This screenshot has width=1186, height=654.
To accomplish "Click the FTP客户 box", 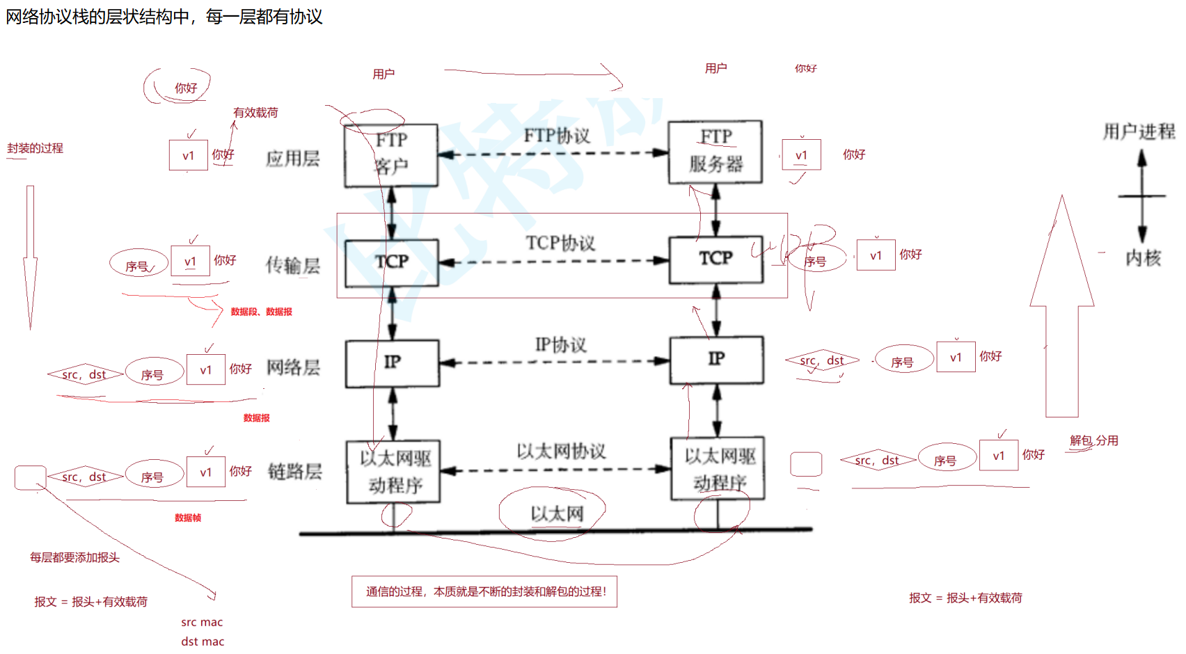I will [391, 155].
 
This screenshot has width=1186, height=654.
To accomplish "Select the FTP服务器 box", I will [715, 152].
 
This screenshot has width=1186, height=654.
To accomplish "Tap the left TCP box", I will [391, 262].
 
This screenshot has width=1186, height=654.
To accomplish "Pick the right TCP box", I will [715, 260].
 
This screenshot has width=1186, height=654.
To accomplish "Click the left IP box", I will [393, 362].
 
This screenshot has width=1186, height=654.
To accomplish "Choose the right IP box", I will [716, 360].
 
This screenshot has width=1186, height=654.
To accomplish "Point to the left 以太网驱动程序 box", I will [394, 471].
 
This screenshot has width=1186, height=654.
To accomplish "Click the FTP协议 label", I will [557, 136].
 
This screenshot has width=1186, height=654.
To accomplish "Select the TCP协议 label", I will [560, 243].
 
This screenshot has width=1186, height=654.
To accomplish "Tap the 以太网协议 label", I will [561, 452].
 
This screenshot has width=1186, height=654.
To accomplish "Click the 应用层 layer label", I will [292, 159].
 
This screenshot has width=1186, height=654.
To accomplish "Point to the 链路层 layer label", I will [294, 472].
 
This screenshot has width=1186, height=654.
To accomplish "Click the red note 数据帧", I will [188, 518].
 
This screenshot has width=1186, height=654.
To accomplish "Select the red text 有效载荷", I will [255, 113].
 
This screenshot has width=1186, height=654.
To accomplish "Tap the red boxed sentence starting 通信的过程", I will [484, 592].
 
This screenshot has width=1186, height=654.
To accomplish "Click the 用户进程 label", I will [1139, 131].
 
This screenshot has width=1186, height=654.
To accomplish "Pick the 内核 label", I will [1143, 258].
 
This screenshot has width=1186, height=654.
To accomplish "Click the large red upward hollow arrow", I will [1062, 313].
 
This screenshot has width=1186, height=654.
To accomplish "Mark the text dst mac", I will [203, 641].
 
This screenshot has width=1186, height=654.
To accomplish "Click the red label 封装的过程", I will [35, 148].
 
